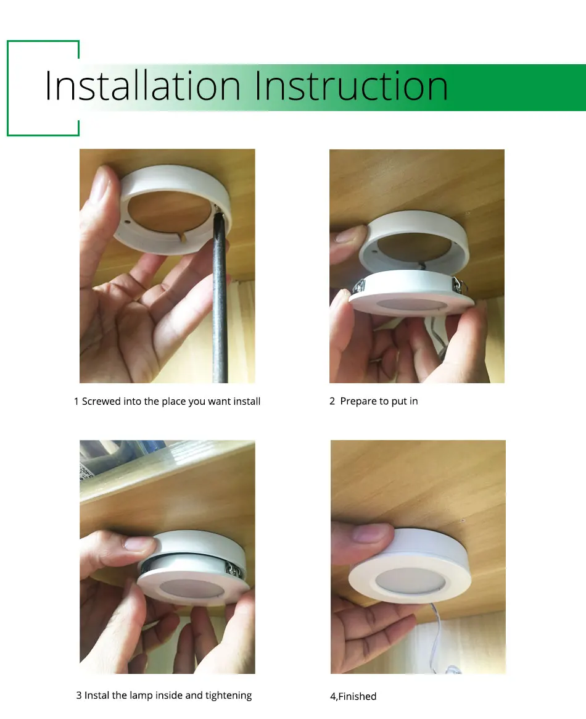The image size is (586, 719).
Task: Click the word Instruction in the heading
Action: (351, 86)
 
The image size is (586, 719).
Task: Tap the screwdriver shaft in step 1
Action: (220, 309)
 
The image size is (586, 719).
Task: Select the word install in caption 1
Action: (247, 402)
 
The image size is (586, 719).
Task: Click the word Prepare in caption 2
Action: (358, 402)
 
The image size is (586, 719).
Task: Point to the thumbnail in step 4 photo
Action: (369, 532)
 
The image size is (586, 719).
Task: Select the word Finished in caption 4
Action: (358, 697)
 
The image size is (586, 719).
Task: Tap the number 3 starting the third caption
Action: (79, 696)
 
